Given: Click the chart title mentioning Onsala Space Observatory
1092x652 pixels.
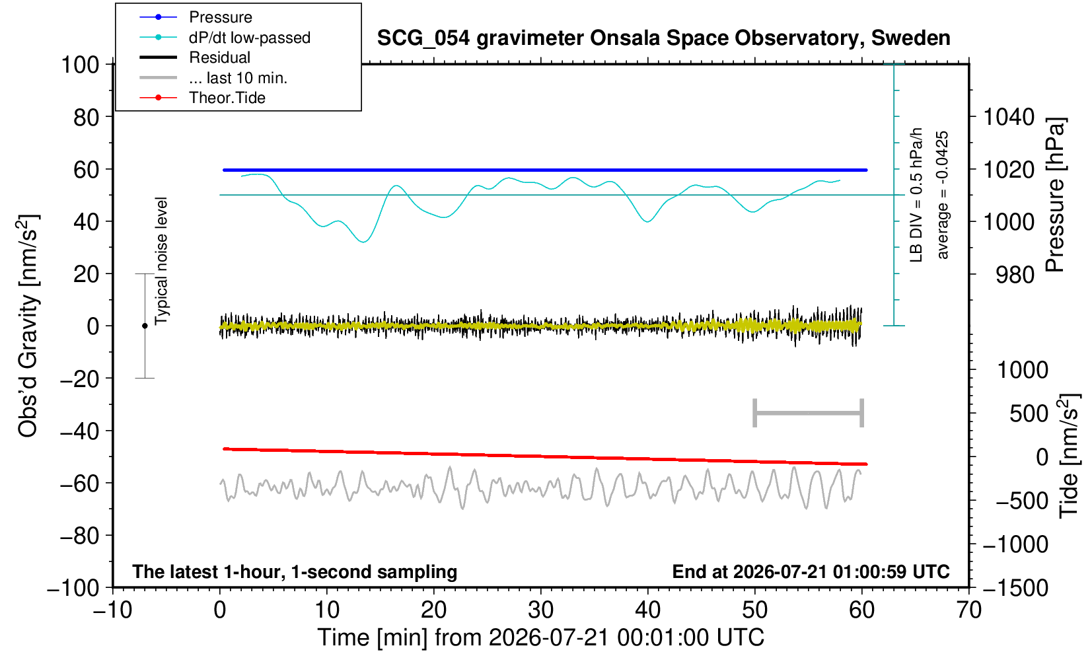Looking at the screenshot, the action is [664, 38].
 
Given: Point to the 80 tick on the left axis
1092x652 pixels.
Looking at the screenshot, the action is [87, 118].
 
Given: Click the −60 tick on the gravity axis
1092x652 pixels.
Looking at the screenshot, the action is [80, 484].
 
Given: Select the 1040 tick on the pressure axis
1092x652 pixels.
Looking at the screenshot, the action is [1009, 117].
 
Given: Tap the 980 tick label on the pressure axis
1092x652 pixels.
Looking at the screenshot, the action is [1015, 275].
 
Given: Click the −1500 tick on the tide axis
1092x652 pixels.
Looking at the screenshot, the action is [1015, 588].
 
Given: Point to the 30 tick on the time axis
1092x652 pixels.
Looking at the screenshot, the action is [540, 610].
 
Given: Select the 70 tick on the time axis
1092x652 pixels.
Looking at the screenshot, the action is [968, 610].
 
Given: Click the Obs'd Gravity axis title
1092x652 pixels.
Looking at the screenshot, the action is [28, 326].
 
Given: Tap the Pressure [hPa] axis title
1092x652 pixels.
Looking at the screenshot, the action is [1055, 195].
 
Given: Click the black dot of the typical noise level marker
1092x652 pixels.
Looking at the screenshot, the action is [145, 326].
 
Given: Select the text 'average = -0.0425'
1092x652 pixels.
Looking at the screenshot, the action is [942, 195].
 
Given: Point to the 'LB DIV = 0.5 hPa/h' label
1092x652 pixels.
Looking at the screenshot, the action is [916, 195].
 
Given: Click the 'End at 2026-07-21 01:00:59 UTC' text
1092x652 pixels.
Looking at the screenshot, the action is [811, 571].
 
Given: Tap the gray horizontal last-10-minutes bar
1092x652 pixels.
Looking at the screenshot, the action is [809, 413].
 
